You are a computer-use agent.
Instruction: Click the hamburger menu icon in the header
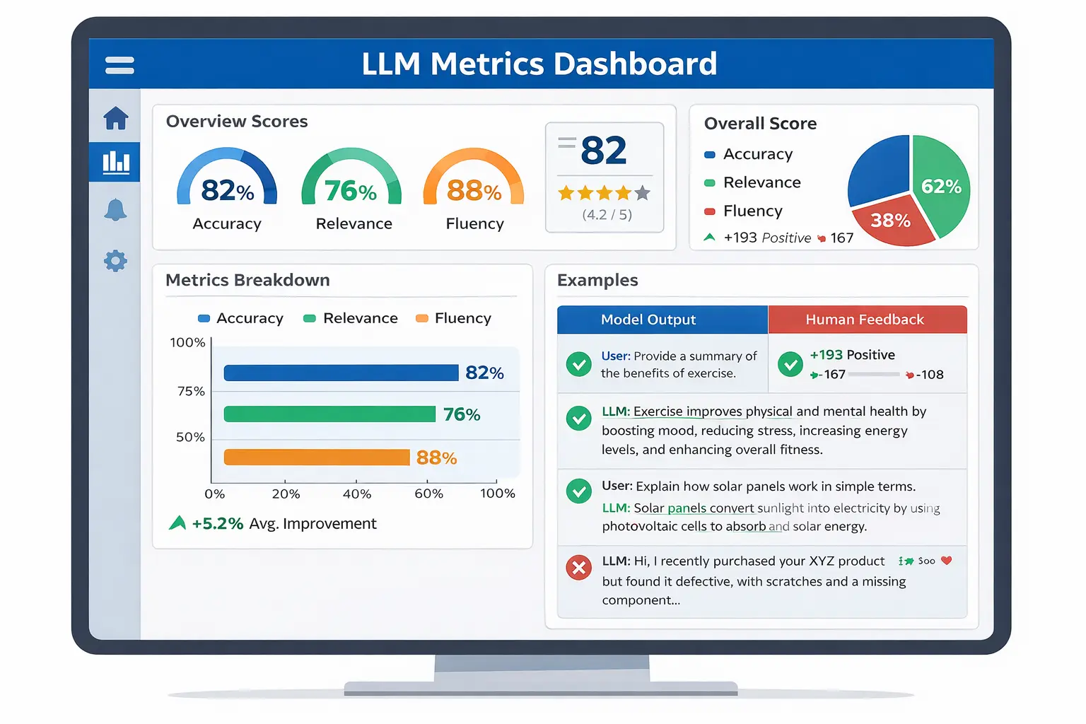119,65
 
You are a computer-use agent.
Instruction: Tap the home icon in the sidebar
116,118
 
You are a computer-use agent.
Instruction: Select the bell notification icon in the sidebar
115,210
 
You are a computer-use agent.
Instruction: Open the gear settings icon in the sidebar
115,261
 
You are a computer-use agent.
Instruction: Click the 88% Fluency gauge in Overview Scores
474,185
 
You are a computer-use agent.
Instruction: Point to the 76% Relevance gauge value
351,191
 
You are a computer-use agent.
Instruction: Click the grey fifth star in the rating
642,193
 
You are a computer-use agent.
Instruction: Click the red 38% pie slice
890,222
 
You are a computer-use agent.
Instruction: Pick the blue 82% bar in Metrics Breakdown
341,373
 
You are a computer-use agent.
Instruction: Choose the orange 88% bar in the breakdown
316,457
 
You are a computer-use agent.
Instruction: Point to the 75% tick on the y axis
191,391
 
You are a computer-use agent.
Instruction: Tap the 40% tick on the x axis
357,494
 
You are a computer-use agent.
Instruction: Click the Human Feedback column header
866,320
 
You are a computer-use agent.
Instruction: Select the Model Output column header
648,320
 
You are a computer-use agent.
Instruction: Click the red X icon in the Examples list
579,567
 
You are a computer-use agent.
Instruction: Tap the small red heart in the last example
947,561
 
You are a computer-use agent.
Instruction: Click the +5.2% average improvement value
217,524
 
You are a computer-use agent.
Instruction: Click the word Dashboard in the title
635,64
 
